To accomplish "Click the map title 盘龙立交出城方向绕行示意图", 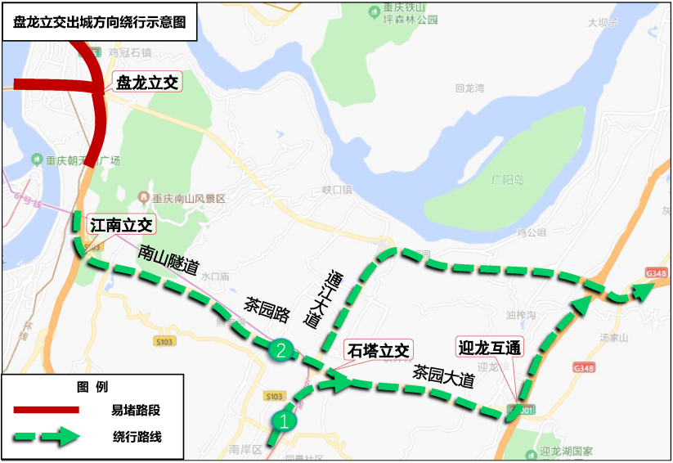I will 100,23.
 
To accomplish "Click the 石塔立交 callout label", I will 379,351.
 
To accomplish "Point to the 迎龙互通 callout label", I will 489,348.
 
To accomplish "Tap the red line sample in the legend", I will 45,409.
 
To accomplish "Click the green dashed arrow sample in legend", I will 45,437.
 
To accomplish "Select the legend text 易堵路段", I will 137,409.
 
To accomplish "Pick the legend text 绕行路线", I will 137,437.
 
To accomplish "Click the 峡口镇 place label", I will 336,190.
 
